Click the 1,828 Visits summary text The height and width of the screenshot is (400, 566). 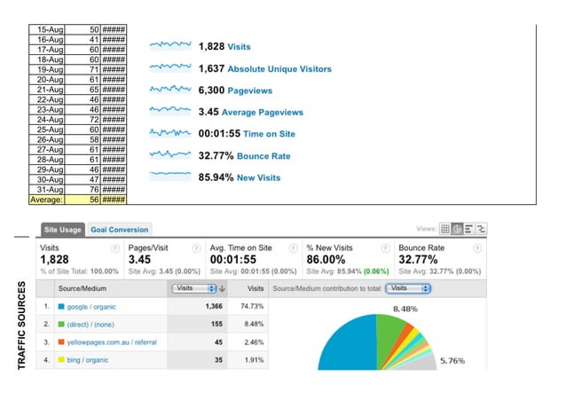pos(224,46)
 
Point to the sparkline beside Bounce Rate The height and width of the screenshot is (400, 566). pos(170,154)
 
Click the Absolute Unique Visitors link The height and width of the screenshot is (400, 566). pos(279,68)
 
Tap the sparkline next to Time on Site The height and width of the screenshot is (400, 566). pos(170,133)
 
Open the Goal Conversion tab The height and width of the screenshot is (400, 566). pos(119,230)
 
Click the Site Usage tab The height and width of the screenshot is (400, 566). pos(63,230)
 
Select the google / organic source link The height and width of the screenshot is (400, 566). pos(91,307)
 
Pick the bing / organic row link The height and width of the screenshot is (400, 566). pos(87,360)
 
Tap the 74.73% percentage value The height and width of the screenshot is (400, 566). pos(253,307)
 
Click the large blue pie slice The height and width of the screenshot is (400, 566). pos(346,346)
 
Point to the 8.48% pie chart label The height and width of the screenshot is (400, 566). pos(405,309)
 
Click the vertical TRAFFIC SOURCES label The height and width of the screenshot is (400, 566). pos(20,325)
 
